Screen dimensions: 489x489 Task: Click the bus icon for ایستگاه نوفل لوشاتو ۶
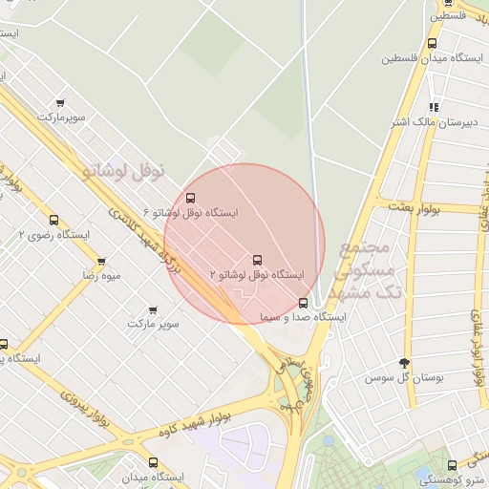point(189,198)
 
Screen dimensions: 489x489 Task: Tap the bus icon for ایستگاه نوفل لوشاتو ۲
point(256,260)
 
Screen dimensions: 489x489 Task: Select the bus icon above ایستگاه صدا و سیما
point(304,303)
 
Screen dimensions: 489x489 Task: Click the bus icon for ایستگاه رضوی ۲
point(53,219)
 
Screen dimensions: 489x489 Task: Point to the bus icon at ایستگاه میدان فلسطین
point(432,43)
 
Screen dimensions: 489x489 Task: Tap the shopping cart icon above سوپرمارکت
point(61,103)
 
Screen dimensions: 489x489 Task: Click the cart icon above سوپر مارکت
point(153,310)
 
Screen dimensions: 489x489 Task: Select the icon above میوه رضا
point(100,261)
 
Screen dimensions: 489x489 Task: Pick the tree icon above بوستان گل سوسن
point(404,363)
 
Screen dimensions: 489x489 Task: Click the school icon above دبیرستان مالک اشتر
point(434,107)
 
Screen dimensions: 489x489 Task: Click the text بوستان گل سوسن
point(406,377)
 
